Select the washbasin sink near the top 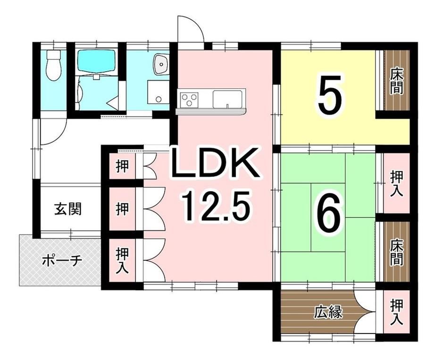(x=161, y=64)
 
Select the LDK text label (x=215, y=164)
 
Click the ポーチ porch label (x=62, y=260)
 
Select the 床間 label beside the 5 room (x=396, y=82)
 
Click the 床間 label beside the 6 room (x=396, y=252)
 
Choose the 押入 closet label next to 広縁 (x=396, y=313)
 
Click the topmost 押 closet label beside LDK (x=122, y=167)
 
